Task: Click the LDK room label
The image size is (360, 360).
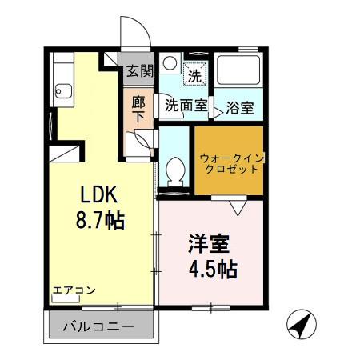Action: point(99,194)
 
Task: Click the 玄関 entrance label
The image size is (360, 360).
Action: point(139,70)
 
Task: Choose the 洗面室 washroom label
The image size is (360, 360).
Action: point(186,104)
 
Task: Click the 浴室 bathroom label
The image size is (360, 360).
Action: point(238,106)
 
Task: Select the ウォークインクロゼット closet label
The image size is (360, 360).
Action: point(229,162)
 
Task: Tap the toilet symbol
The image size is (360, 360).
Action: point(174,170)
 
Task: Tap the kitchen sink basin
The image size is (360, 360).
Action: point(65,90)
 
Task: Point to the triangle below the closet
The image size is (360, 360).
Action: point(238,207)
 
